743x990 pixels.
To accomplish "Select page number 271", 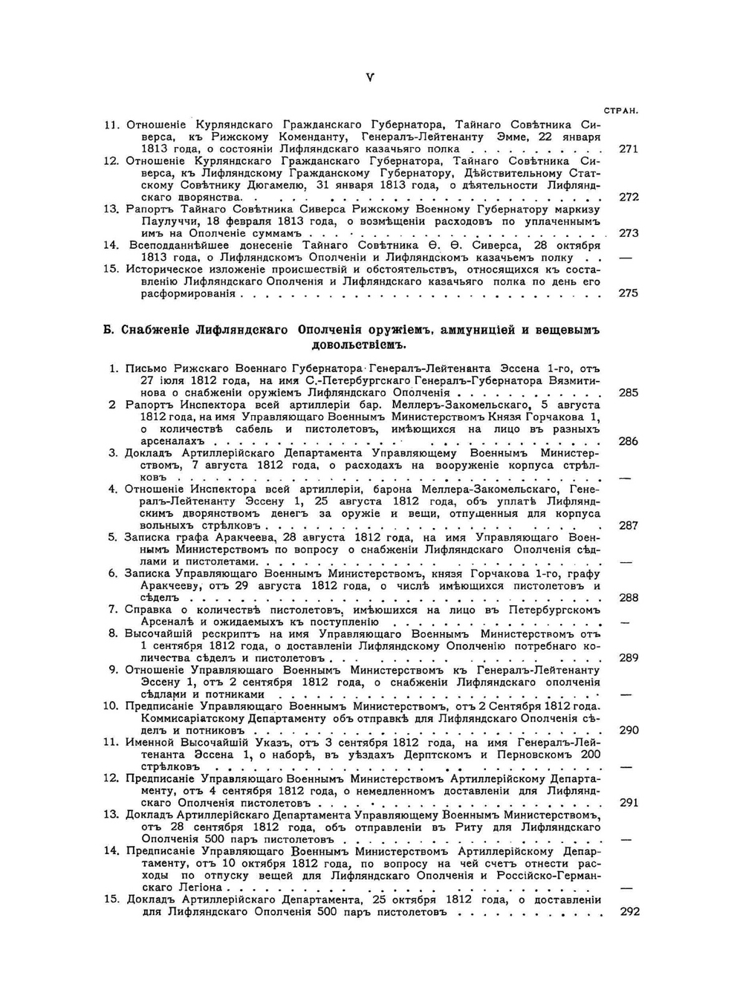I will [x=628, y=149].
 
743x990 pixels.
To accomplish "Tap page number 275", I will [x=628, y=293].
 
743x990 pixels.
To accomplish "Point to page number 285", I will [x=628, y=392].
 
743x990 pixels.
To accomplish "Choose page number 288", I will [x=628, y=598].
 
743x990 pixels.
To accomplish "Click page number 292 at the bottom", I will [x=629, y=912].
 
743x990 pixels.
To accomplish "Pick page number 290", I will [x=628, y=730].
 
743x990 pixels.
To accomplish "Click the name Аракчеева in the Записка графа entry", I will [x=242, y=537].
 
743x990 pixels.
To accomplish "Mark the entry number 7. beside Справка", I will [x=114, y=610].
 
